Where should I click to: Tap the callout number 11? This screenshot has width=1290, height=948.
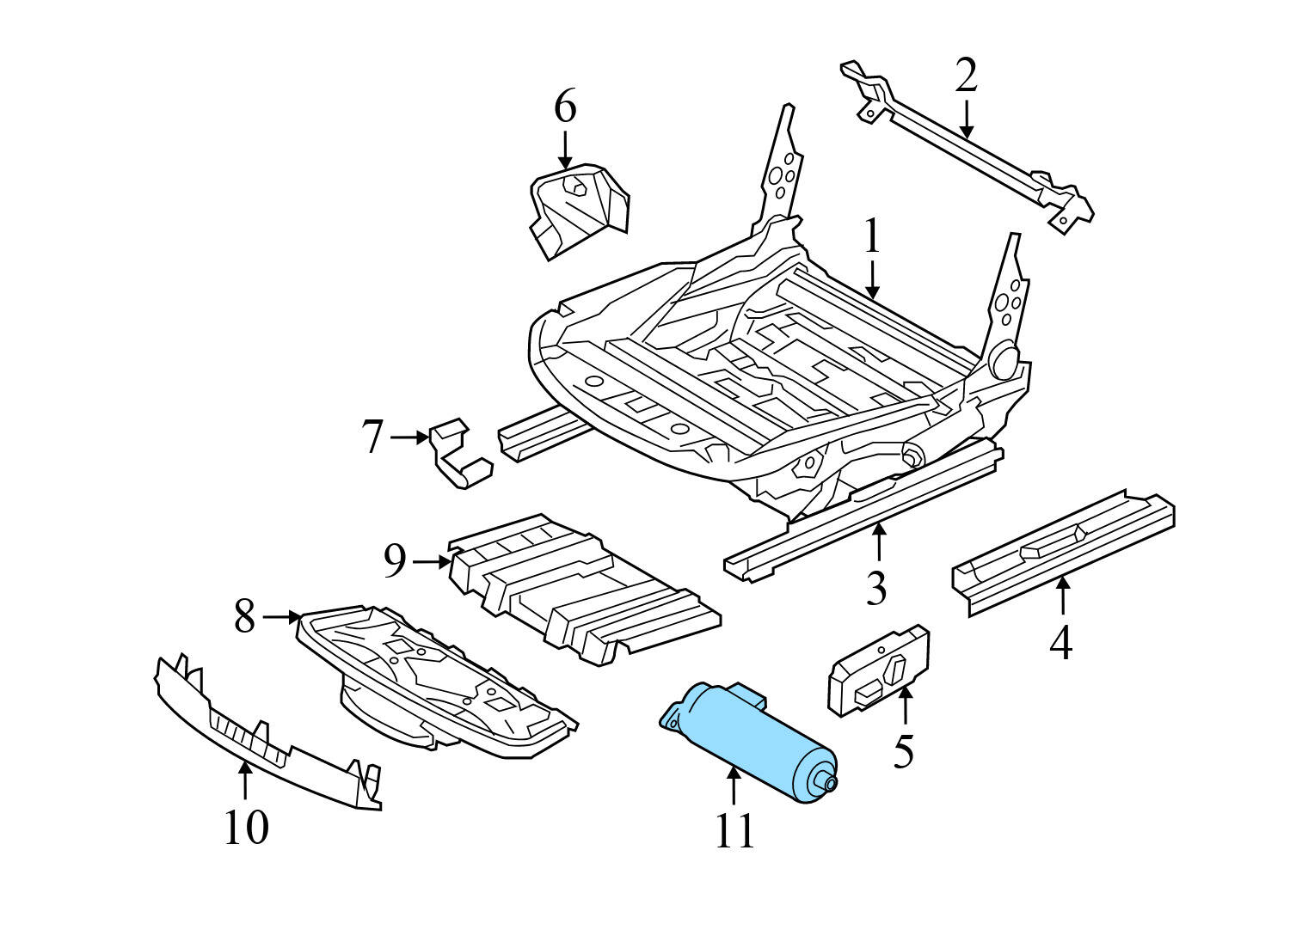tap(734, 832)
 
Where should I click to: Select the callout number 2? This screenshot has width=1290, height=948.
tap(966, 76)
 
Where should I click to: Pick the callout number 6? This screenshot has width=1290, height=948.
tap(564, 108)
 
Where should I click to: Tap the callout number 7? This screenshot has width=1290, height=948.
tap(372, 437)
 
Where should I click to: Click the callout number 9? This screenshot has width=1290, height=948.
tap(395, 562)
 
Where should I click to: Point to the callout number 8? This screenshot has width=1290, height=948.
tap(245, 617)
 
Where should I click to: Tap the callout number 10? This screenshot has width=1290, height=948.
tap(246, 828)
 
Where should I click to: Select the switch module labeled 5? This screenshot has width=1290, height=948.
tap(877, 670)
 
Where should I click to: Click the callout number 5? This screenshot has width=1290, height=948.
tap(903, 751)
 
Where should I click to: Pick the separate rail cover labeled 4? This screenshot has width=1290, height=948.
tap(1062, 550)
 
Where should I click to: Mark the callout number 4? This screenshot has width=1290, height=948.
tap(1061, 643)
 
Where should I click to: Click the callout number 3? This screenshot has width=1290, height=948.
tap(875, 589)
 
